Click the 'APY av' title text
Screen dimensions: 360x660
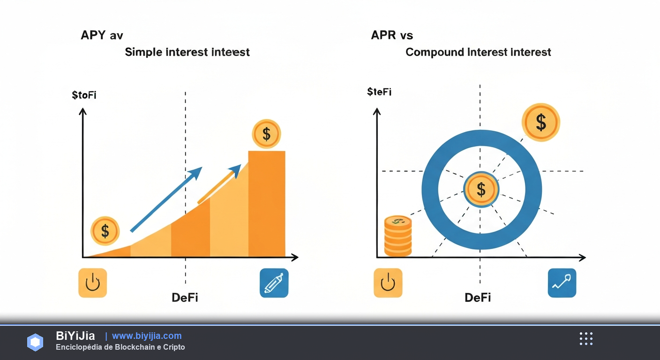coord(102,35)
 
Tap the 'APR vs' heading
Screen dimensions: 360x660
coord(392,35)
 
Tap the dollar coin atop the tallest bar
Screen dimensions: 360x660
coord(266,134)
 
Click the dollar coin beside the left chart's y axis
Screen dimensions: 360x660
coord(105,231)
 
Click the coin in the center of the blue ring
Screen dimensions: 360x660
coord(481,189)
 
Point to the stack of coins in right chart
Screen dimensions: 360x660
coord(397,236)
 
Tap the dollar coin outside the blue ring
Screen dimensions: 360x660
coord(540,122)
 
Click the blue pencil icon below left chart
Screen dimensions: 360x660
coord(274,283)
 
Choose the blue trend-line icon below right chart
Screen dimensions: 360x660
coord(562,283)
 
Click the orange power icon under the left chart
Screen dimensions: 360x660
coord(93,283)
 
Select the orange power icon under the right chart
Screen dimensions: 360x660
coord(388,283)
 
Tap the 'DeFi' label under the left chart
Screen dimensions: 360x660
coord(185,297)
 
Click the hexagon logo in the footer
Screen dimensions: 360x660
coord(35,342)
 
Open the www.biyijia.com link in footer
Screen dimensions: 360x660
coord(147,336)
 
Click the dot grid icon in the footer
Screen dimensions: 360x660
coord(586,338)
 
